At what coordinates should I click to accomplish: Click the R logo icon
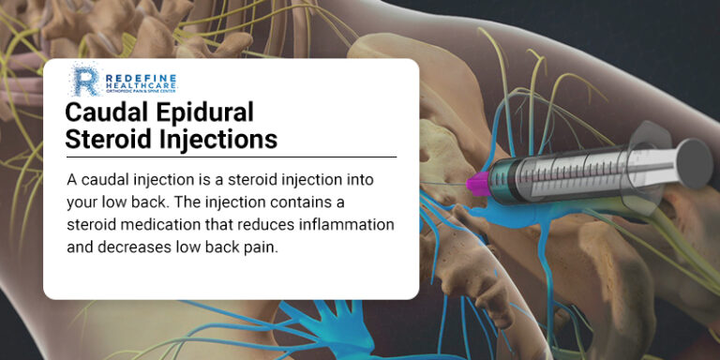pyautogui.click(x=84, y=80)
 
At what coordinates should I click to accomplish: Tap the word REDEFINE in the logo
pyautogui.click(x=135, y=71)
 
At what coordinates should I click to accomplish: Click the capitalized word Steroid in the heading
pyautogui.click(x=108, y=139)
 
